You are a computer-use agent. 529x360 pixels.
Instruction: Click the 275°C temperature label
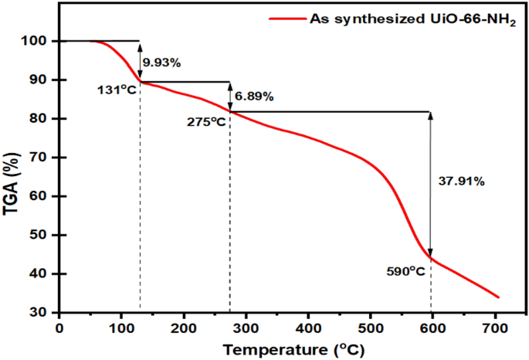(x=206, y=121)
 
